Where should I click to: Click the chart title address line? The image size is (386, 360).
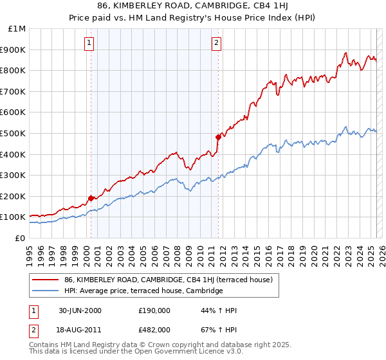(193, 6)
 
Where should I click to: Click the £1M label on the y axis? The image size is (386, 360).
(17, 29)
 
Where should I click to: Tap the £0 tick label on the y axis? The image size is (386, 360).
(21, 238)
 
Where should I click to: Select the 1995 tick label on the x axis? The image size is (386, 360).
(30, 253)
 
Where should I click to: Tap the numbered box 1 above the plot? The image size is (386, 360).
(88, 44)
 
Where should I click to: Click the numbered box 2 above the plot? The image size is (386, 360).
(216, 44)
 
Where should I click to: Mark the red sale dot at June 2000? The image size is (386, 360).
(91, 198)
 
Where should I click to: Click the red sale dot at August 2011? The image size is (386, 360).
(218, 137)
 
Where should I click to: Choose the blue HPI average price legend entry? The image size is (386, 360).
(143, 291)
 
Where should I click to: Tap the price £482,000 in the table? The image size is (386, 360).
(155, 329)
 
